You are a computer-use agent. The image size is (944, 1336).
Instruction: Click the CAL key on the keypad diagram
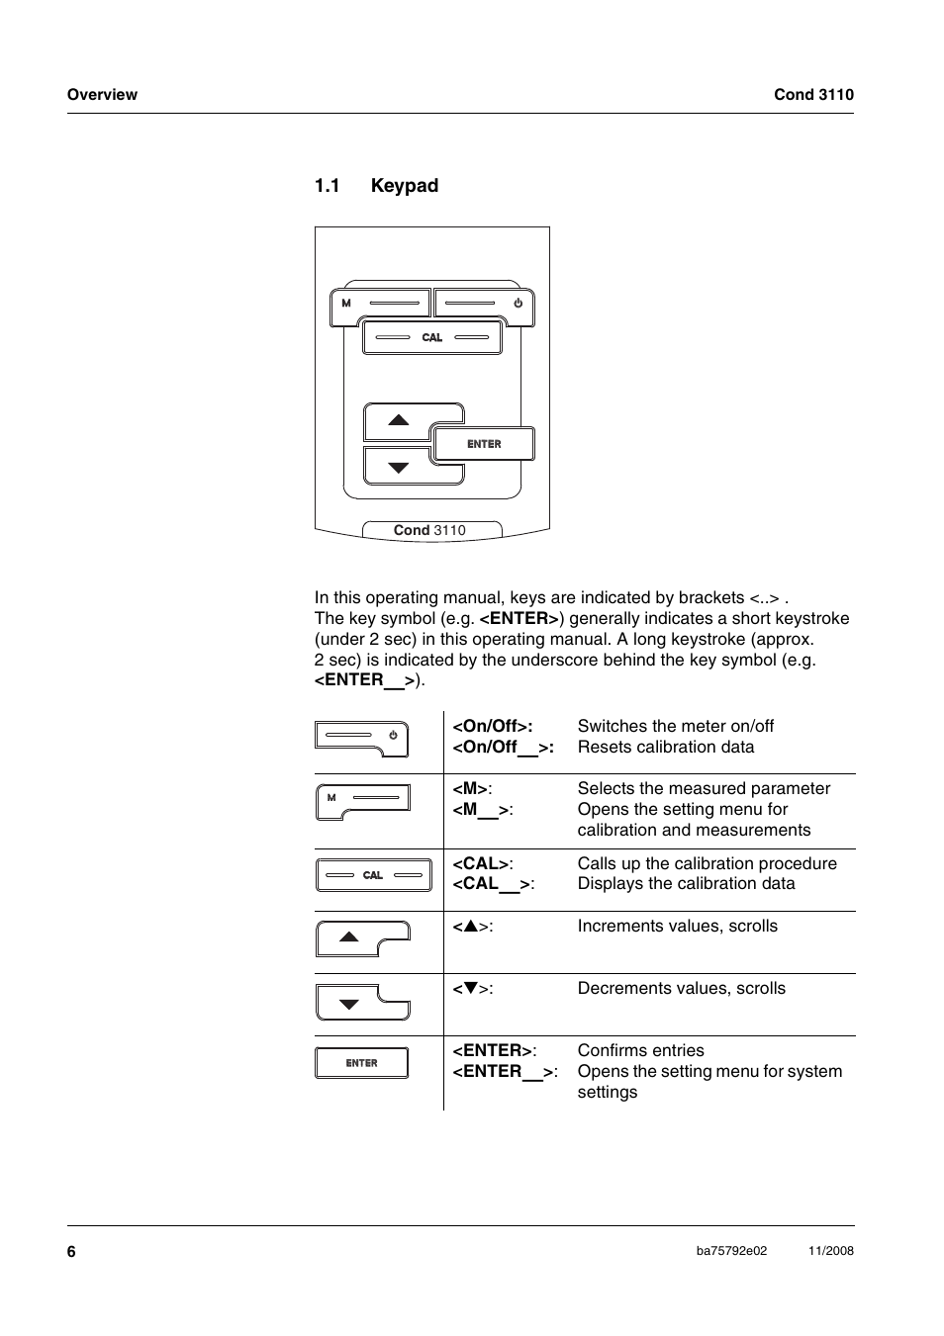[431, 337]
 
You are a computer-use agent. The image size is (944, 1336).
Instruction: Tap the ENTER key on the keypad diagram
[484, 444]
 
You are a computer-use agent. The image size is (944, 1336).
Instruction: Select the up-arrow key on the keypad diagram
[399, 420]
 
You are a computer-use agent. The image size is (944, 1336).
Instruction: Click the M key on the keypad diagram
[381, 304]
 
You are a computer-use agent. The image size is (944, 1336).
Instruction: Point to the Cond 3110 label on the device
[429, 530]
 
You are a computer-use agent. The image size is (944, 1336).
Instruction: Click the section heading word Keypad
[405, 186]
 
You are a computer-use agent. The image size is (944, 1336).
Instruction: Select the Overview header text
[102, 95]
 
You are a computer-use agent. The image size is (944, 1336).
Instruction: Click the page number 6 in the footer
[71, 1251]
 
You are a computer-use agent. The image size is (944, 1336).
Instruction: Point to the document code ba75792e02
[731, 1251]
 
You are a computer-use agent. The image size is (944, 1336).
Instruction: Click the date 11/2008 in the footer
[830, 1251]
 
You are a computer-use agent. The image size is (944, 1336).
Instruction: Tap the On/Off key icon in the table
[362, 737]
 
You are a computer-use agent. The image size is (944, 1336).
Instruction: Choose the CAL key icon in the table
[373, 875]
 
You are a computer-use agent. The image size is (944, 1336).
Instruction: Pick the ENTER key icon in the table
[362, 1063]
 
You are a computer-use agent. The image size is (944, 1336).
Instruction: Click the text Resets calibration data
[665, 748]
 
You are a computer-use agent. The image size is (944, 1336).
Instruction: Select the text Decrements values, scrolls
[681, 988]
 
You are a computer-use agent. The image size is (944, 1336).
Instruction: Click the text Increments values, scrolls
[677, 926]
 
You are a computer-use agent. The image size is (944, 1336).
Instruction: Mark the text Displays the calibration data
[686, 884]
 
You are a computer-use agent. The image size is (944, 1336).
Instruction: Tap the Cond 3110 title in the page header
[813, 95]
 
